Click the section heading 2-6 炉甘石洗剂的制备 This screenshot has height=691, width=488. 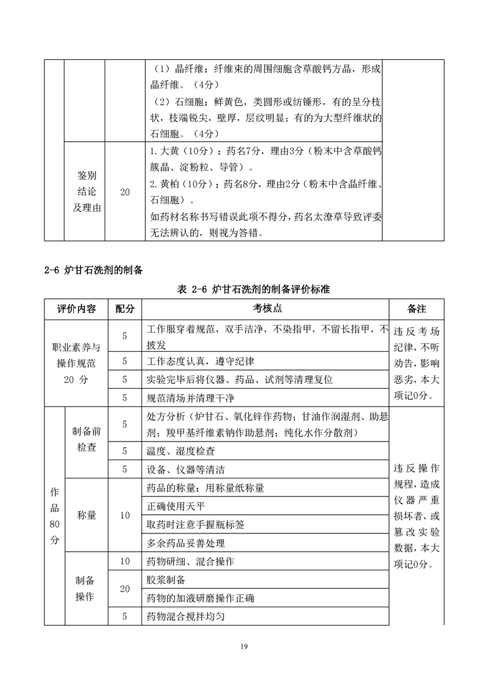tap(94, 270)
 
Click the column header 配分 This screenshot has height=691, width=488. tap(124, 309)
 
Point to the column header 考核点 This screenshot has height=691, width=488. tap(267, 309)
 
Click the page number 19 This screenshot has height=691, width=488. tap(244, 647)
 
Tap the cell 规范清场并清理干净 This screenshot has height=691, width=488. tap(191, 398)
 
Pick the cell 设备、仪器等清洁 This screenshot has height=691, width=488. tap(185, 469)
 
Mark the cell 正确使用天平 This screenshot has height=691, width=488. tap(176, 506)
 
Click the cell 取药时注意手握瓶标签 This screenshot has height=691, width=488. tap(196, 525)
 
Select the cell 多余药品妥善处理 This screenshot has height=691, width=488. tap(186, 543)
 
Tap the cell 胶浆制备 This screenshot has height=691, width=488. tap(166, 580)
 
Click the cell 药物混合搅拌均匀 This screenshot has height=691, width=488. tap(191, 616)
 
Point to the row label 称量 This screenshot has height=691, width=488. tap(86, 515)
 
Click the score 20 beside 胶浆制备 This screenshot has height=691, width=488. tap(124, 589)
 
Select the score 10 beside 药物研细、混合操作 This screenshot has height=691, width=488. tap(124, 561)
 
